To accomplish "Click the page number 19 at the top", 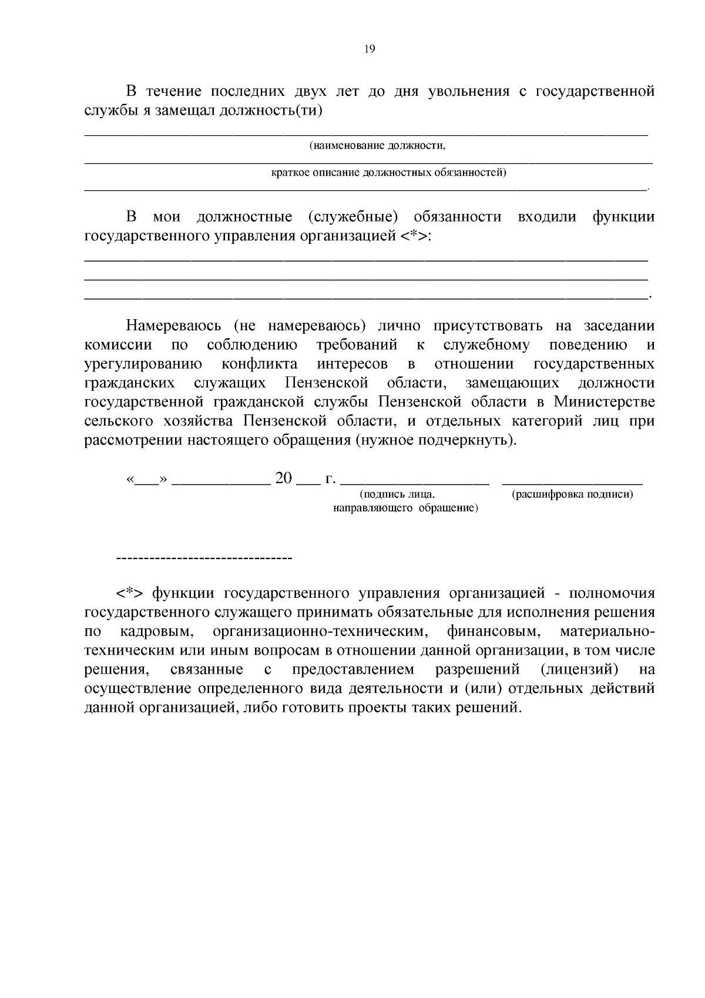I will (370, 49).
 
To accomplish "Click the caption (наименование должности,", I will (378, 145).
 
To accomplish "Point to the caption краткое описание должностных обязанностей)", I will (388, 173).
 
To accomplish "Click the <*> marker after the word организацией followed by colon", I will (414, 236).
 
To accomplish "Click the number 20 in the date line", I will (283, 478).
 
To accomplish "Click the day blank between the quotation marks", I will (147, 480).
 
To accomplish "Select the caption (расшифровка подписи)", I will (572, 494).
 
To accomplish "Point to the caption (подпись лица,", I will (397, 494).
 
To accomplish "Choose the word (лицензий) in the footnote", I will (578, 669).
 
